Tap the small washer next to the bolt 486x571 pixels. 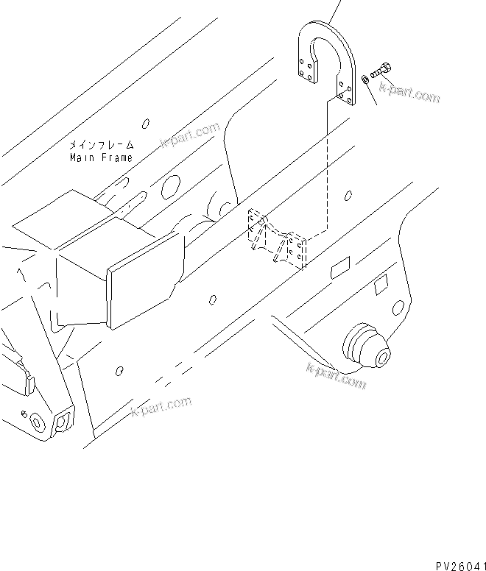click(366, 79)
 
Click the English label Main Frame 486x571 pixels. click(101, 157)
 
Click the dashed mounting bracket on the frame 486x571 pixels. click(275, 239)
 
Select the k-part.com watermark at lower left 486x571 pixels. click(161, 405)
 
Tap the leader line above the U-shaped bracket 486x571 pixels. click(336, 10)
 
